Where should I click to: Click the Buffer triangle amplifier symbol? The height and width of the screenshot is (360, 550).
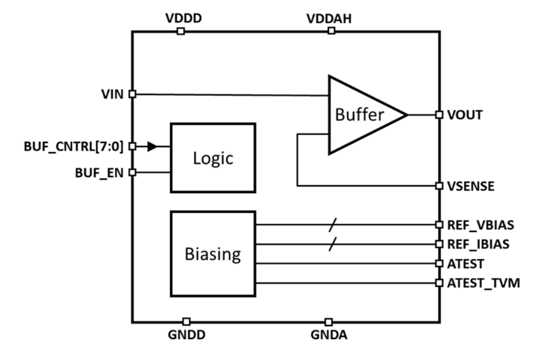click(x=361, y=115)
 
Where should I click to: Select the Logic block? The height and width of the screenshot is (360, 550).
click(x=213, y=159)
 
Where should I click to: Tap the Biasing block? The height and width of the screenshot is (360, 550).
click(x=213, y=253)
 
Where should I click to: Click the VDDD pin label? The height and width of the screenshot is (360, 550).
click(x=183, y=18)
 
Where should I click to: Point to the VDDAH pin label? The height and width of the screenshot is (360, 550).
click(x=329, y=18)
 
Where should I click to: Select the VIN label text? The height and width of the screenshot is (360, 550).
click(x=112, y=94)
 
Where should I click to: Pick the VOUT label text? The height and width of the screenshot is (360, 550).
click(x=465, y=115)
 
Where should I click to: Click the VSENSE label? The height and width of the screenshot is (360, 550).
click(x=471, y=186)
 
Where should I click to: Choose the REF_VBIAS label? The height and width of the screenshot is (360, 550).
click(x=481, y=225)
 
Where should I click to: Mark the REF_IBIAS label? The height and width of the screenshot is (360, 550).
click(x=479, y=245)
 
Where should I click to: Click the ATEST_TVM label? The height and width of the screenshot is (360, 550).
click(x=483, y=283)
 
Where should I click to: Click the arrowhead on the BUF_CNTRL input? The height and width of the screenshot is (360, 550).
click(x=152, y=146)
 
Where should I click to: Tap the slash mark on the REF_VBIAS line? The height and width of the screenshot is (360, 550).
click(x=332, y=225)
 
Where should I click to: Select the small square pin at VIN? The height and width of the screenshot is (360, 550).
click(x=132, y=94)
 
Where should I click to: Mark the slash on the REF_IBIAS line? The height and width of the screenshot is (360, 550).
click(x=332, y=245)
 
